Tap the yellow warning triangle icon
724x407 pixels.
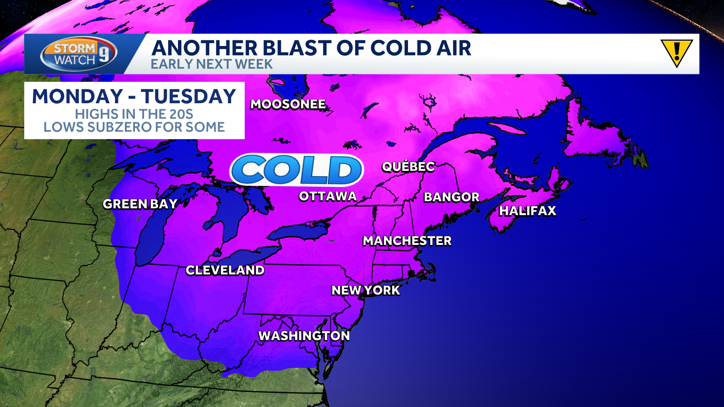(676, 53)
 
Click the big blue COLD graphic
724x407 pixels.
(297, 170)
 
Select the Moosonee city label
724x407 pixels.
(288, 104)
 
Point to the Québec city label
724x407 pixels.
(408, 167)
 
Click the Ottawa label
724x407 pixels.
(328, 196)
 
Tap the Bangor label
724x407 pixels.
(451, 197)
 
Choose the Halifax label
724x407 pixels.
(528, 211)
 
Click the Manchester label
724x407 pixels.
(407, 241)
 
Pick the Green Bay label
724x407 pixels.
(140, 204)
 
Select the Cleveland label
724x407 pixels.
(225, 270)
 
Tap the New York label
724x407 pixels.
(365, 291)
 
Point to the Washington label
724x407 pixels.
(304, 336)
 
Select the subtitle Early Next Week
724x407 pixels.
(212, 64)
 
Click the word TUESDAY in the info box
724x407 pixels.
(189, 96)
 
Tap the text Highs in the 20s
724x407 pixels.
(134, 114)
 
